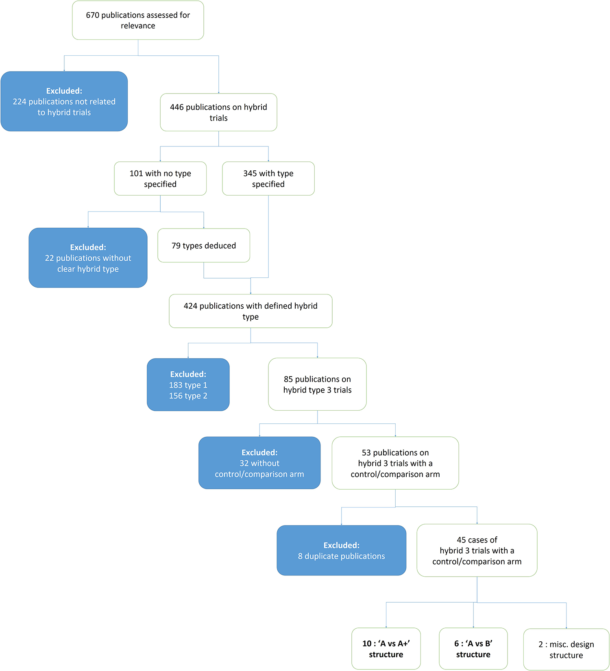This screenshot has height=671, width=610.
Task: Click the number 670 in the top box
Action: coord(92,15)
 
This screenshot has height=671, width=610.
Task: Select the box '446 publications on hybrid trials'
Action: coord(218,112)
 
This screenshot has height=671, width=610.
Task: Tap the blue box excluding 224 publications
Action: coord(64,102)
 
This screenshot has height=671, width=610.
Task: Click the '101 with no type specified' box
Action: coord(160,179)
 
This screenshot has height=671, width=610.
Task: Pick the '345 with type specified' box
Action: coord(268,179)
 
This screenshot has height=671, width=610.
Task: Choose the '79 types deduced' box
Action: coord(203,246)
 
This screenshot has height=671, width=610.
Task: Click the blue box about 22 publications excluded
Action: coord(88,258)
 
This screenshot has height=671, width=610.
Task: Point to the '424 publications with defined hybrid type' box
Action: coord(251,311)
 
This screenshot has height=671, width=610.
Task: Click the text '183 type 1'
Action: coord(188,385)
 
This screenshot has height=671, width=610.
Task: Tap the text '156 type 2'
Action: coord(188,396)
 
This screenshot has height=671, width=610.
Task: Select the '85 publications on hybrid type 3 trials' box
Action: coord(317,384)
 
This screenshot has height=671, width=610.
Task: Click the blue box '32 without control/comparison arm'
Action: coord(259,463)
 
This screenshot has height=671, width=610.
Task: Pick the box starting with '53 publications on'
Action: coord(395,463)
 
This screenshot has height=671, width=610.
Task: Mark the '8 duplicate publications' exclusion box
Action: coord(341,551)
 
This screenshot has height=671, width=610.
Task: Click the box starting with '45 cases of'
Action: coord(477,551)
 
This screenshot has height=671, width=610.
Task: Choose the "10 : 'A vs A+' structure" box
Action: coord(386,649)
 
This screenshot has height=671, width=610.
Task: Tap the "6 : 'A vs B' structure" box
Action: coord(473,649)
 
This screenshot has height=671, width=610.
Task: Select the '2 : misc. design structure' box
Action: coord(566,649)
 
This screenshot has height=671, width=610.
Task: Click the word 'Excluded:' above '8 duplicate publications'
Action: coord(341,545)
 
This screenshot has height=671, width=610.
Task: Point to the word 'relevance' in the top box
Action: coord(138,26)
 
